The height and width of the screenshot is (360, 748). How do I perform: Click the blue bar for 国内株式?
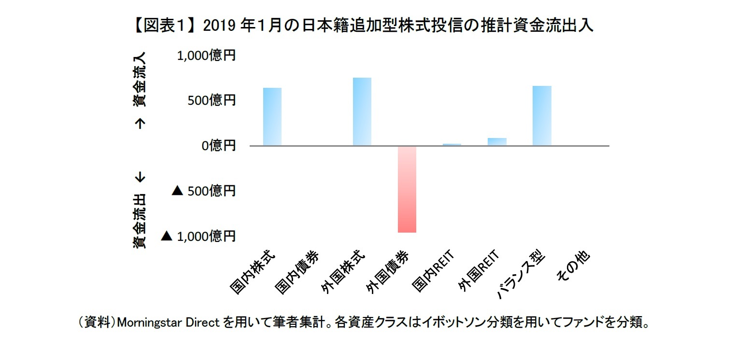tap(272, 117)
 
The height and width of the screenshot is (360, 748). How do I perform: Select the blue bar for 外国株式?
tap(362, 111)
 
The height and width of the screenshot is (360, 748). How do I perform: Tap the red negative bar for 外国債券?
tap(407, 189)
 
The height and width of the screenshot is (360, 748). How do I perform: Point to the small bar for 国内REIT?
tap(452, 144)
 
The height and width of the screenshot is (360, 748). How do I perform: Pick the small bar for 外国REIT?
tap(497, 142)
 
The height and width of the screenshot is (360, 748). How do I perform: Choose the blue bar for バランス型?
tap(542, 116)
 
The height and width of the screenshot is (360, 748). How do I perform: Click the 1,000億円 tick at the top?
tap(206, 56)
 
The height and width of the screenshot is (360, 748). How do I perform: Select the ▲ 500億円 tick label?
tap(203, 191)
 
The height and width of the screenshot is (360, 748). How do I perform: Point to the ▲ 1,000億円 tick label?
tap(198, 236)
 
